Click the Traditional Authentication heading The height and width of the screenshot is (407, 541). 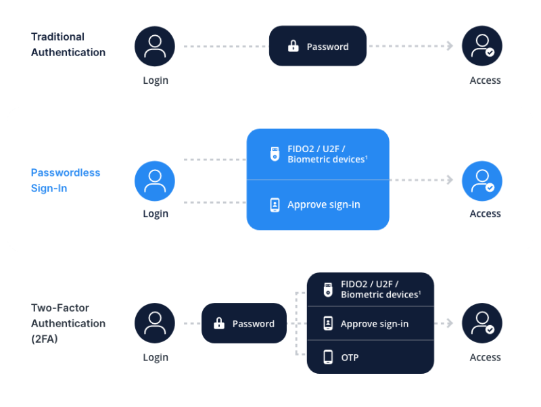point(68,44)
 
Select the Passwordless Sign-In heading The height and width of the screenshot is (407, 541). point(65,181)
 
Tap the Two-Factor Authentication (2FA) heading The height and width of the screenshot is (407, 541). point(68,324)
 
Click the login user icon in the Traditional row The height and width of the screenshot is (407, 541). point(155,46)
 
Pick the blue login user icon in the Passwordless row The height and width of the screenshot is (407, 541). point(155,181)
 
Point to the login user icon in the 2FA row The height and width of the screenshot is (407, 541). point(155,324)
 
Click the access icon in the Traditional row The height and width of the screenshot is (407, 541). point(482,46)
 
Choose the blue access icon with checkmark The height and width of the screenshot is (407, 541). point(482,181)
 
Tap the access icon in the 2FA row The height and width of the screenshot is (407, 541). point(482,324)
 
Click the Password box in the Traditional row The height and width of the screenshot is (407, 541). point(318,46)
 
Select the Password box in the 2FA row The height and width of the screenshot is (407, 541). point(244,324)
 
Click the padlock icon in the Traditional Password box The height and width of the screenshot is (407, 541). point(293,47)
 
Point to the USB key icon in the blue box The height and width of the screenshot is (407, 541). point(275,154)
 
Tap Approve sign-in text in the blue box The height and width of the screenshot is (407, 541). point(323,204)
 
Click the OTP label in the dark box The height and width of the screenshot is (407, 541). point(350,357)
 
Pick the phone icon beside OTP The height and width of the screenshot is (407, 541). point(328,357)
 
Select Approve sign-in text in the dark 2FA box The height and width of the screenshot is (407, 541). point(374,324)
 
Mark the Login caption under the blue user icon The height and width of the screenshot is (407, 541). point(156,214)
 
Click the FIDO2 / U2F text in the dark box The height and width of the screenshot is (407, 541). point(369,284)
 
